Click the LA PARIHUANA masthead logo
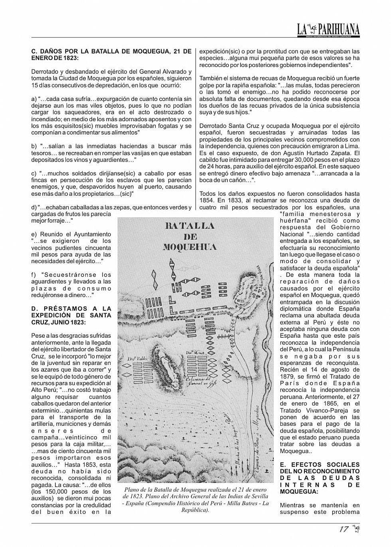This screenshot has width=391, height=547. click(x=328, y=29)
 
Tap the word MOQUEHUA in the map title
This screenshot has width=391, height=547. click(x=190, y=247)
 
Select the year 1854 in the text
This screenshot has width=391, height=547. click(x=207, y=200)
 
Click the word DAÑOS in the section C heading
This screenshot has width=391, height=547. click(x=53, y=51)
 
